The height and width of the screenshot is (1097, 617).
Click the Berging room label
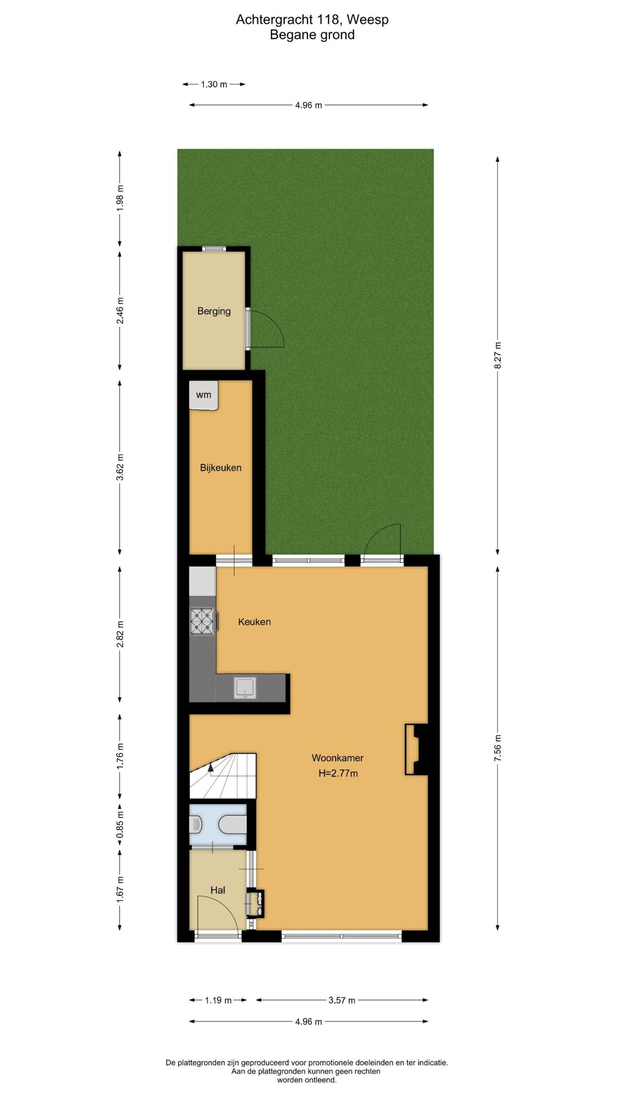tap(214, 311)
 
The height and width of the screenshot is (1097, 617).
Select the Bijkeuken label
tap(221, 468)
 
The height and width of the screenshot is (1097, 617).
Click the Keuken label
tap(255, 622)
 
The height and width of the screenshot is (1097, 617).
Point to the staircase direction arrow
tap(210, 768)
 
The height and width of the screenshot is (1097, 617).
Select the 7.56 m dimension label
tap(497, 748)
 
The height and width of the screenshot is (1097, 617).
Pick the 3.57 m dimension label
tap(342, 1001)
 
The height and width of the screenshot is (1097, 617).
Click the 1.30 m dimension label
tap(214, 84)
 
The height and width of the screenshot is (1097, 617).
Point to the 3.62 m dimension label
tap(120, 467)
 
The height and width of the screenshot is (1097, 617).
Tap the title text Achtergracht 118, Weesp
tap(312, 19)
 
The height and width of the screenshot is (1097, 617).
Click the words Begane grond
tap(312, 35)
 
